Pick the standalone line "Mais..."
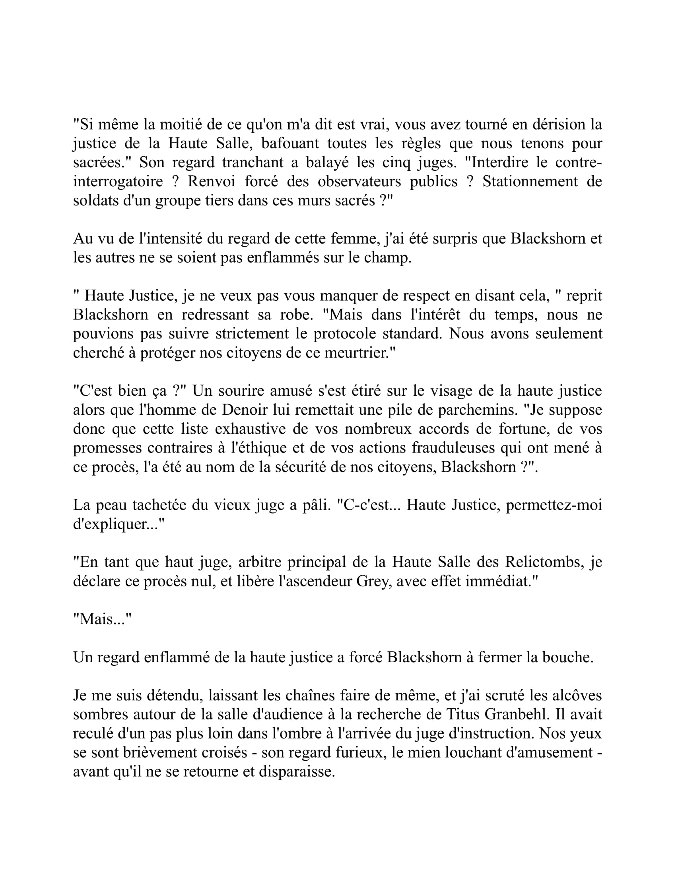[103, 619]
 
